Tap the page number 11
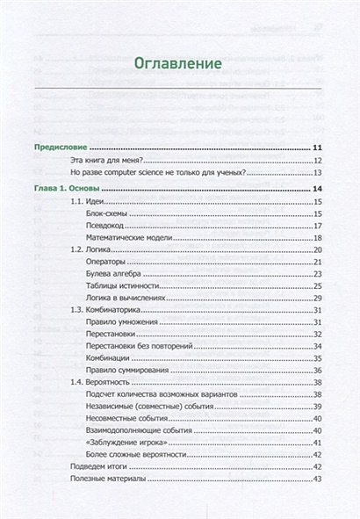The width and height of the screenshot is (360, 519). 319,148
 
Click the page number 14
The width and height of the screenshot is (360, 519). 319,190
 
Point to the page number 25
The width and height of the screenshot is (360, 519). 319,287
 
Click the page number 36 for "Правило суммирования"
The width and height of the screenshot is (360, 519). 319,371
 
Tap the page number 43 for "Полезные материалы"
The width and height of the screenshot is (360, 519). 319,479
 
